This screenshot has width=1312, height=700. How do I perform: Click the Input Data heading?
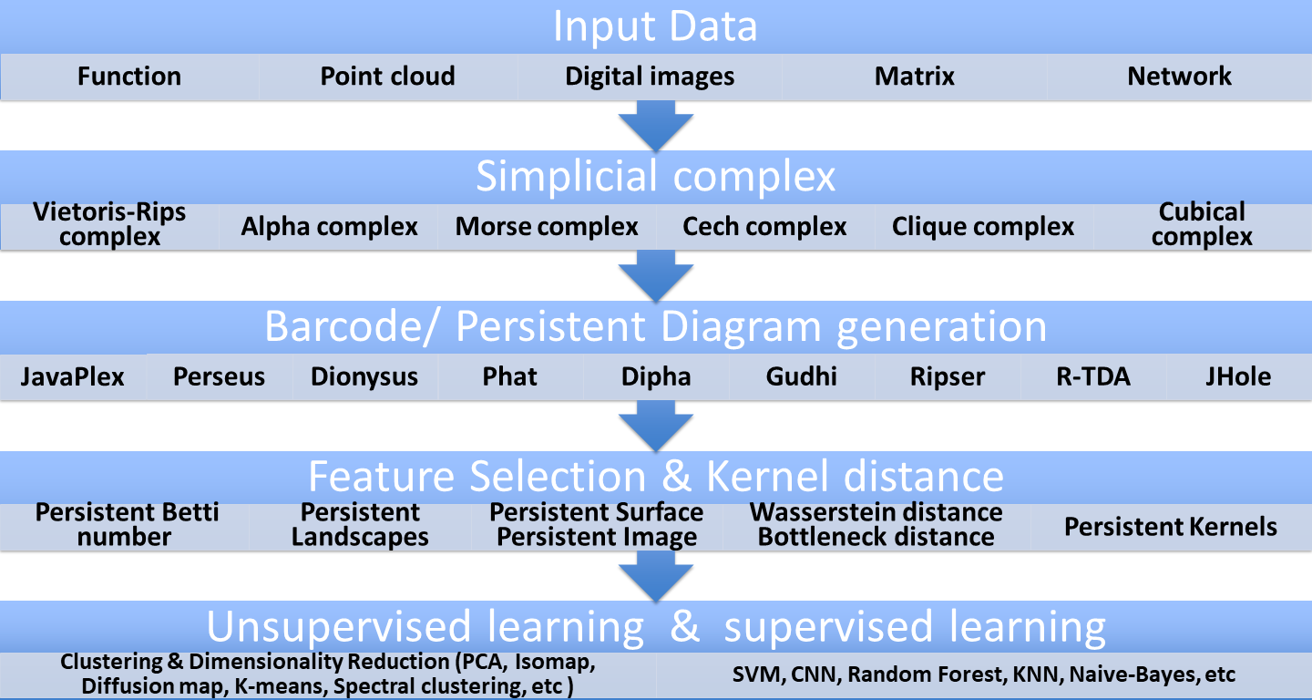coord(655,27)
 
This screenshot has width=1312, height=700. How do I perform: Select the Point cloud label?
coord(387,77)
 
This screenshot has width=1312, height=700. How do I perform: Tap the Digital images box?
coord(650,77)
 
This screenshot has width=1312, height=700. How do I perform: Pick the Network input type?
coord(1179,77)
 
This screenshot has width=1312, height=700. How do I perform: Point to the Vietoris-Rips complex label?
coord(109,225)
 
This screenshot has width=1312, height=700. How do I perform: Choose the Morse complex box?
coord(547,227)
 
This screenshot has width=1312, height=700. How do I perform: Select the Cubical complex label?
coord(1202,225)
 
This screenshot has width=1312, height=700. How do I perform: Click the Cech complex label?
coord(764,227)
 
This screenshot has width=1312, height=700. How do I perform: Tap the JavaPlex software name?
coord(73,377)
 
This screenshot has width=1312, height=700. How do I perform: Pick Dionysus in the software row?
coord(364,377)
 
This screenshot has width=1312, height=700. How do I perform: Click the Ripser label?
coord(948,377)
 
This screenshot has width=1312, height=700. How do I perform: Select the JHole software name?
coord(1237,377)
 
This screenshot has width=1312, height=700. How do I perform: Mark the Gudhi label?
coord(802,377)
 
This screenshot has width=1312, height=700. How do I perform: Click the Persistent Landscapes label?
coord(360,525)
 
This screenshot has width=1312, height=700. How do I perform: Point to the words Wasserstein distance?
coord(876,513)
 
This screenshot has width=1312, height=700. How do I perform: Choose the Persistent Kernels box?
coord(1171,527)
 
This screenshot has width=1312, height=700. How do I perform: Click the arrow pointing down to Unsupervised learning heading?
coord(655,577)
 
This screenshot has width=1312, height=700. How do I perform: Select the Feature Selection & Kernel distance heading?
coord(655,477)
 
